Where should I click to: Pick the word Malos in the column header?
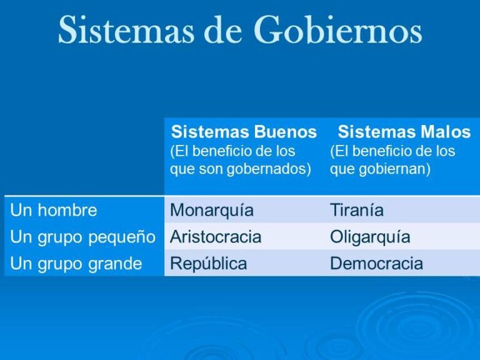tap(443, 132)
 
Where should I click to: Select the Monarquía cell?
tap(212, 210)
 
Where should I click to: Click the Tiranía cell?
tap(356, 210)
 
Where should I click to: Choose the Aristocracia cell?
tap(216, 237)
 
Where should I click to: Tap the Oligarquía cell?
tap(370, 237)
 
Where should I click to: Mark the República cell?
tap(208, 264)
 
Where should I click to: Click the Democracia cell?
tap(376, 264)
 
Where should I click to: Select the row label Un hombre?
tap(54, 210)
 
